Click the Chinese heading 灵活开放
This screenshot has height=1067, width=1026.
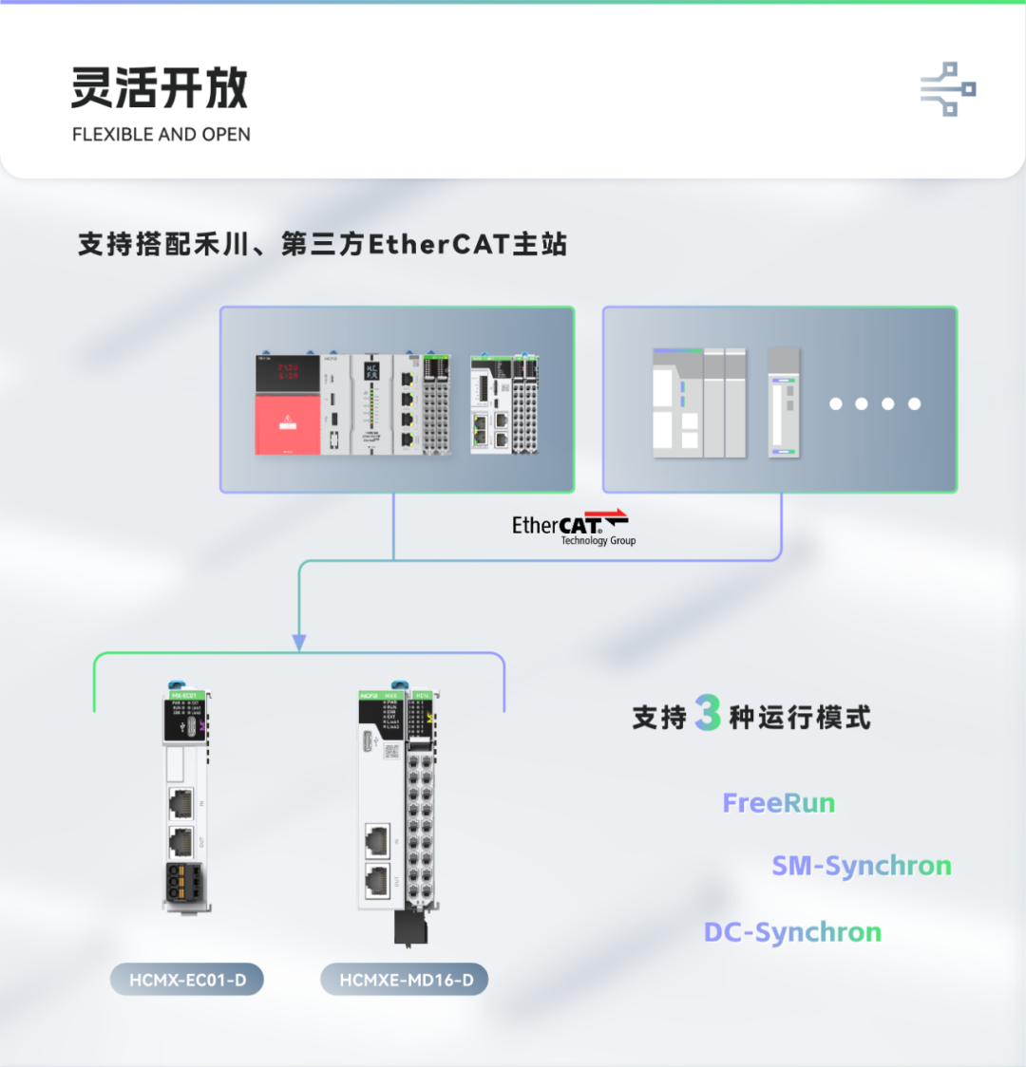[x=160, y=88]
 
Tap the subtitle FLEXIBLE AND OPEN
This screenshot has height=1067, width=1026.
[x=161, y=135]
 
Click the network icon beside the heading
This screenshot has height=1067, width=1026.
[x=948, y=89]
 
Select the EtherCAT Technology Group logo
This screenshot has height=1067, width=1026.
[x=572, y=528]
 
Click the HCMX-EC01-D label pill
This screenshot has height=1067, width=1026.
[x=186, y=980]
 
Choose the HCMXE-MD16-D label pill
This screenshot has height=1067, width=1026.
[x=406, y=980]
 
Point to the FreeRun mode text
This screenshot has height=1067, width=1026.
[x=779, y=803]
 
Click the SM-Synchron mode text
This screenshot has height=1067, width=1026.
[x=862, y=866]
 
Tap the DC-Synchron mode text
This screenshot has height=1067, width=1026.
[x=792, y=932]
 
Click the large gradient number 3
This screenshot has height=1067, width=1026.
[x=708, y=714]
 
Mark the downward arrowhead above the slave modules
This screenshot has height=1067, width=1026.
[x=299, y=643]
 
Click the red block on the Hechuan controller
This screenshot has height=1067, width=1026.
[x=288, y=424]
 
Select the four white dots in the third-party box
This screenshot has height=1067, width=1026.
[x=875, y=403]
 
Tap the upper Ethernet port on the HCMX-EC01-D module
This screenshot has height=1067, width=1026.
[x=180, y=803]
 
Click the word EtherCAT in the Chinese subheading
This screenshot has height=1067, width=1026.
[x=440, y=245]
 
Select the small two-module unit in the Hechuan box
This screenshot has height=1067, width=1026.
[x=504, y=403]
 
